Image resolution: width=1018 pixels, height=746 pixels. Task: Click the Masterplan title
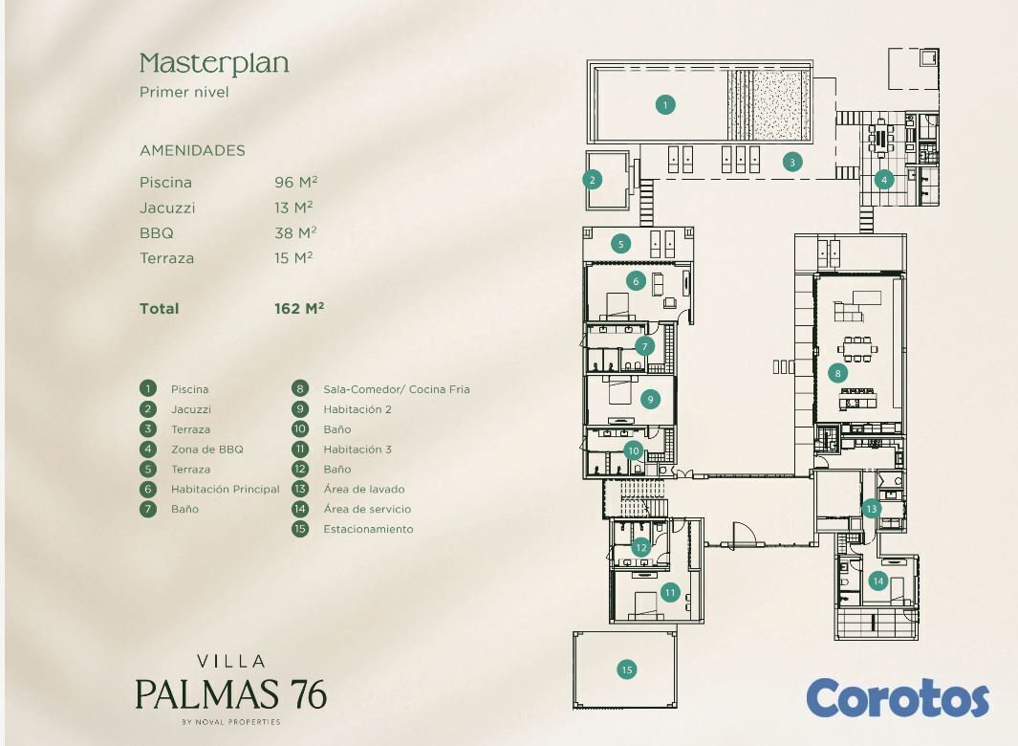(x=214, y=64)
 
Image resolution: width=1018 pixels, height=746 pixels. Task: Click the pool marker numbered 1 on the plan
(x=665, y=104)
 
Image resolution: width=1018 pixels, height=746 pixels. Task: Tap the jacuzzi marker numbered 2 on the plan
(x=592, y=180)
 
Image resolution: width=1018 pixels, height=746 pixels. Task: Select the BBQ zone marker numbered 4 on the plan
(x=883, y=180)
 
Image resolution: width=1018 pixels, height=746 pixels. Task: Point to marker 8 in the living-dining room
(x=837, y=373)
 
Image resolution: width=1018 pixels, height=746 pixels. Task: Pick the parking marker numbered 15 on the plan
(x=626, y=669)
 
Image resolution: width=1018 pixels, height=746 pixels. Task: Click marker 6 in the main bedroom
(x=637, y=281)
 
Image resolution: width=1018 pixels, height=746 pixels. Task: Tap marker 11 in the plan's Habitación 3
(x=670, y=592)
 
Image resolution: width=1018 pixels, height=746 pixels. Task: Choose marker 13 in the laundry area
(x=871, y=508)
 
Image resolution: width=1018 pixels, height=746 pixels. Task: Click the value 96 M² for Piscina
(x=296, y=182)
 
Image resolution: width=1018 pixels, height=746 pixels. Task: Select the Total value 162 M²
(x=299, y=308)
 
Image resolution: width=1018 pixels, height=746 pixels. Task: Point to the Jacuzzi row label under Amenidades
(x=167, y=208)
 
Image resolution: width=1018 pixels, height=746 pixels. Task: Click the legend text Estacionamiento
(x=368, y=529)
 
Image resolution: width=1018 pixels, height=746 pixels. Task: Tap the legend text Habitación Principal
(x=226, y=489)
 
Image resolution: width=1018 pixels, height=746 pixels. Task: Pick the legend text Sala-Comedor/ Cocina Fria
(x=397, y=389)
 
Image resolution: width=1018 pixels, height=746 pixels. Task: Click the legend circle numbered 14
(x=300, y=509)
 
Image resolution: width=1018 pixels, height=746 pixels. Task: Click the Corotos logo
(x=898, y=698)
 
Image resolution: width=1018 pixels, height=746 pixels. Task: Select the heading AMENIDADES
(x=192, y=150)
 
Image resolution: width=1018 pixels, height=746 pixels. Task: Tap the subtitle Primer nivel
(x=184, y=92)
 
